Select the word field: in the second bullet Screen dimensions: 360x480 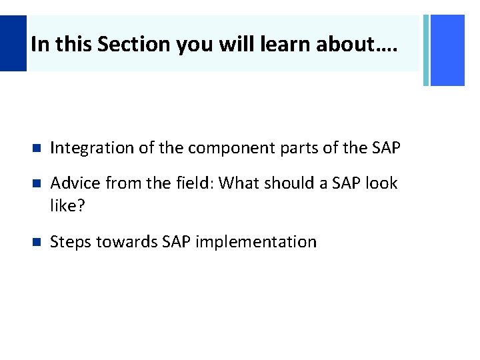point(190,183)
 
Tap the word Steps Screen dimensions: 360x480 point(70,241)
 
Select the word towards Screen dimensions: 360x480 point(127,241)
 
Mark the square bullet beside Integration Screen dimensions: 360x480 point(36,149)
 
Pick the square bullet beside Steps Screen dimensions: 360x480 point(36,242)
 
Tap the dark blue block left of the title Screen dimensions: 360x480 point(13,43)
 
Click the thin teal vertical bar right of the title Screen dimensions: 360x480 point(426,50)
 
